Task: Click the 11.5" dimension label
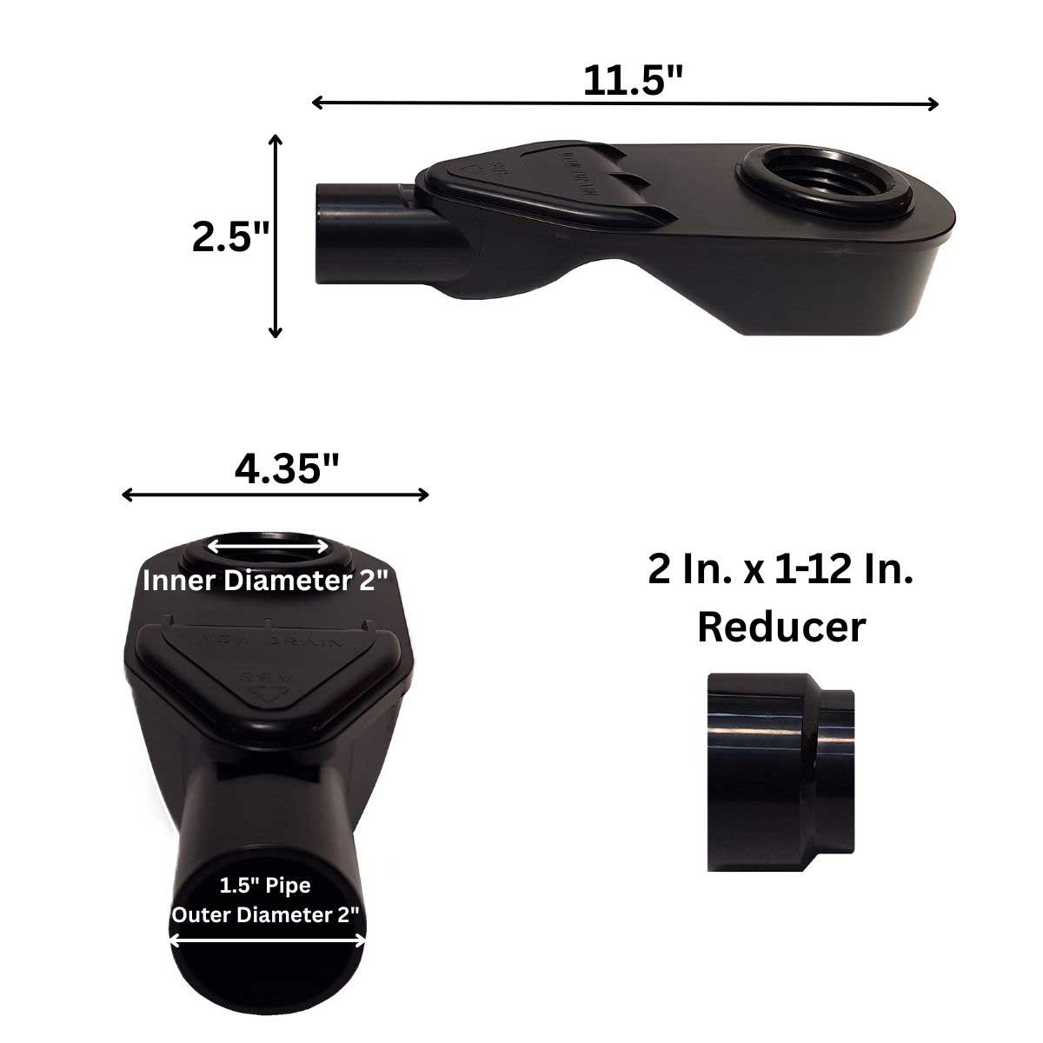tap(632, 81)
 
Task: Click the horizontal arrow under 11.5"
tap(625, 103)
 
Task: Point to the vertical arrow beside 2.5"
tap(276, 236)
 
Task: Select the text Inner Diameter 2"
tap(264, 581)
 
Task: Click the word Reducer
tap(781, 627)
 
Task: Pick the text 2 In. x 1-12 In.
tap(781, 571)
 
